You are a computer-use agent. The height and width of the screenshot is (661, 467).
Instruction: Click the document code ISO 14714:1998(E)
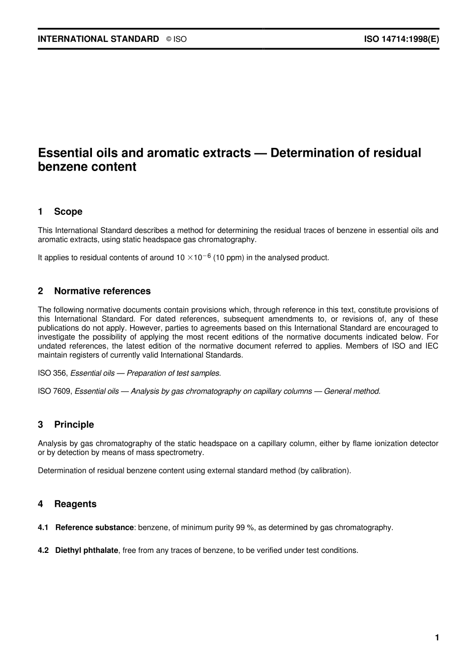pos(401,39)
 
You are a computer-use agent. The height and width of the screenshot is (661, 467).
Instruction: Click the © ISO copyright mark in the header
pos(176,39)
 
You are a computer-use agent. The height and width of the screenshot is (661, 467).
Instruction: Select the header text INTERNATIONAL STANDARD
pos(98,39)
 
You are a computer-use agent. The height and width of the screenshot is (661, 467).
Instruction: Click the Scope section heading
pos(68,212)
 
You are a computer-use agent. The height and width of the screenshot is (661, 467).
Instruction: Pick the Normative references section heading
pos(102,291)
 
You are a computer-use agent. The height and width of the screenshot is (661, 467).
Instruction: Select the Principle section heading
pos(74,425)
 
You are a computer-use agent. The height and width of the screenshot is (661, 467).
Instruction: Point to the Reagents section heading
pos(75,504)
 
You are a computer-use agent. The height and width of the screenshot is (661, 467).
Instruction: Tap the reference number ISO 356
pos(52,374)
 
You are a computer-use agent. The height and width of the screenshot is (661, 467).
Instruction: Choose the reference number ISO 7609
pos(55,392)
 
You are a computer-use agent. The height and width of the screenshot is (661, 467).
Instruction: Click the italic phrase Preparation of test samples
pos(174,374)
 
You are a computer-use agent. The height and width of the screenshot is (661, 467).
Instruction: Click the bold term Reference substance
pos(94,528)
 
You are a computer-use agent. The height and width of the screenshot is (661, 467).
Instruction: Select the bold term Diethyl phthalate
pos(87,550)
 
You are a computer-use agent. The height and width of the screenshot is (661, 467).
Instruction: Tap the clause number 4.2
pos(43,550)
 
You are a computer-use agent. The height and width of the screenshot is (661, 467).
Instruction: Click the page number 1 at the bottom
pos(437,638)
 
